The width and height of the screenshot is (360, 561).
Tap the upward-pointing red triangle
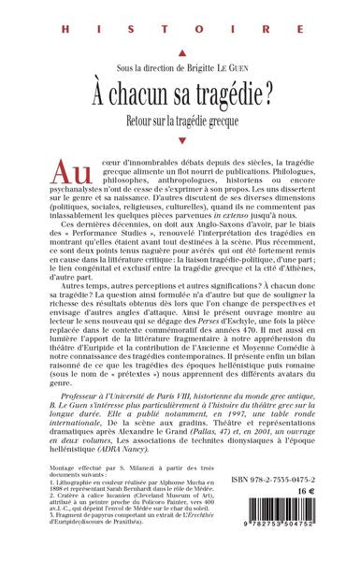click(180, 53)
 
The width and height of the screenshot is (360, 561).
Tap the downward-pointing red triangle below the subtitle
click(180, 141)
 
